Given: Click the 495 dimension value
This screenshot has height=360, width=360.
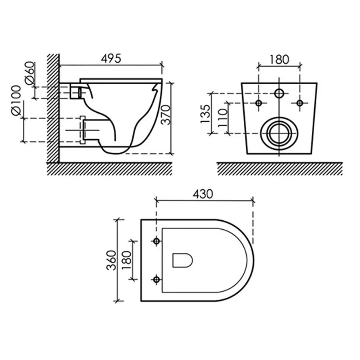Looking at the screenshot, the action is tap(111, 59).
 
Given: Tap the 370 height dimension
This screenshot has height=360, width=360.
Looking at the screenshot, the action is tap(166, 115).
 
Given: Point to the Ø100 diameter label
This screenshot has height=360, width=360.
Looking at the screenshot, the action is tap(16, 100).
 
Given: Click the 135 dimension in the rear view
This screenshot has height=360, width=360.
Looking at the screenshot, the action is tap(205, 114).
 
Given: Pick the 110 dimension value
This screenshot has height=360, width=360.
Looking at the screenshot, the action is tap(222, 118).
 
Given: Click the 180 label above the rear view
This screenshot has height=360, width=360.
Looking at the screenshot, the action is tap(279, 60).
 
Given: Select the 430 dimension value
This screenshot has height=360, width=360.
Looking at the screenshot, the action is tap(203, 194).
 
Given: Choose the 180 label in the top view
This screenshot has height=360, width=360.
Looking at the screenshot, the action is tap(126, 260).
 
